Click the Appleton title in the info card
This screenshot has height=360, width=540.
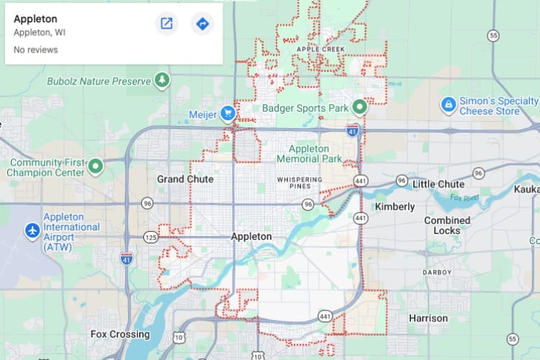[x=35, y=19]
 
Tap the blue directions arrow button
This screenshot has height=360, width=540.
[x=202, y=24]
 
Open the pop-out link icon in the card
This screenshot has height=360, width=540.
[x=166, y=24]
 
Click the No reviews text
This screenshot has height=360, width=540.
[x=36, y=50]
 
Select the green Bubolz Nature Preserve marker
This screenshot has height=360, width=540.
[x=163, y=80]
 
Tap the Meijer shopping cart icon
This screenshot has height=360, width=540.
[x=228, y=113]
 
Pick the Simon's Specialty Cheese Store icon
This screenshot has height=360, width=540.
[x=449, y=105]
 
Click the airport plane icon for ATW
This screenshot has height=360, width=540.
[x=32, y=231]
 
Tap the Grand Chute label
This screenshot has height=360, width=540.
[x=185, y=179]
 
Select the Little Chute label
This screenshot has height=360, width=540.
[x=438, y=184]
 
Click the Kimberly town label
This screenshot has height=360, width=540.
[x=395, y=207]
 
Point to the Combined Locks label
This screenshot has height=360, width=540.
[x=447, y=225]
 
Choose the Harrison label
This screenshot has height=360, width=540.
[x=428, y=318]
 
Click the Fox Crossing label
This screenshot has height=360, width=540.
[x=120, y=334]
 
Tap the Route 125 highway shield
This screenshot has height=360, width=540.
[x=150, y=236]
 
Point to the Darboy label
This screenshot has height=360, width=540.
[x=436, y=272]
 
